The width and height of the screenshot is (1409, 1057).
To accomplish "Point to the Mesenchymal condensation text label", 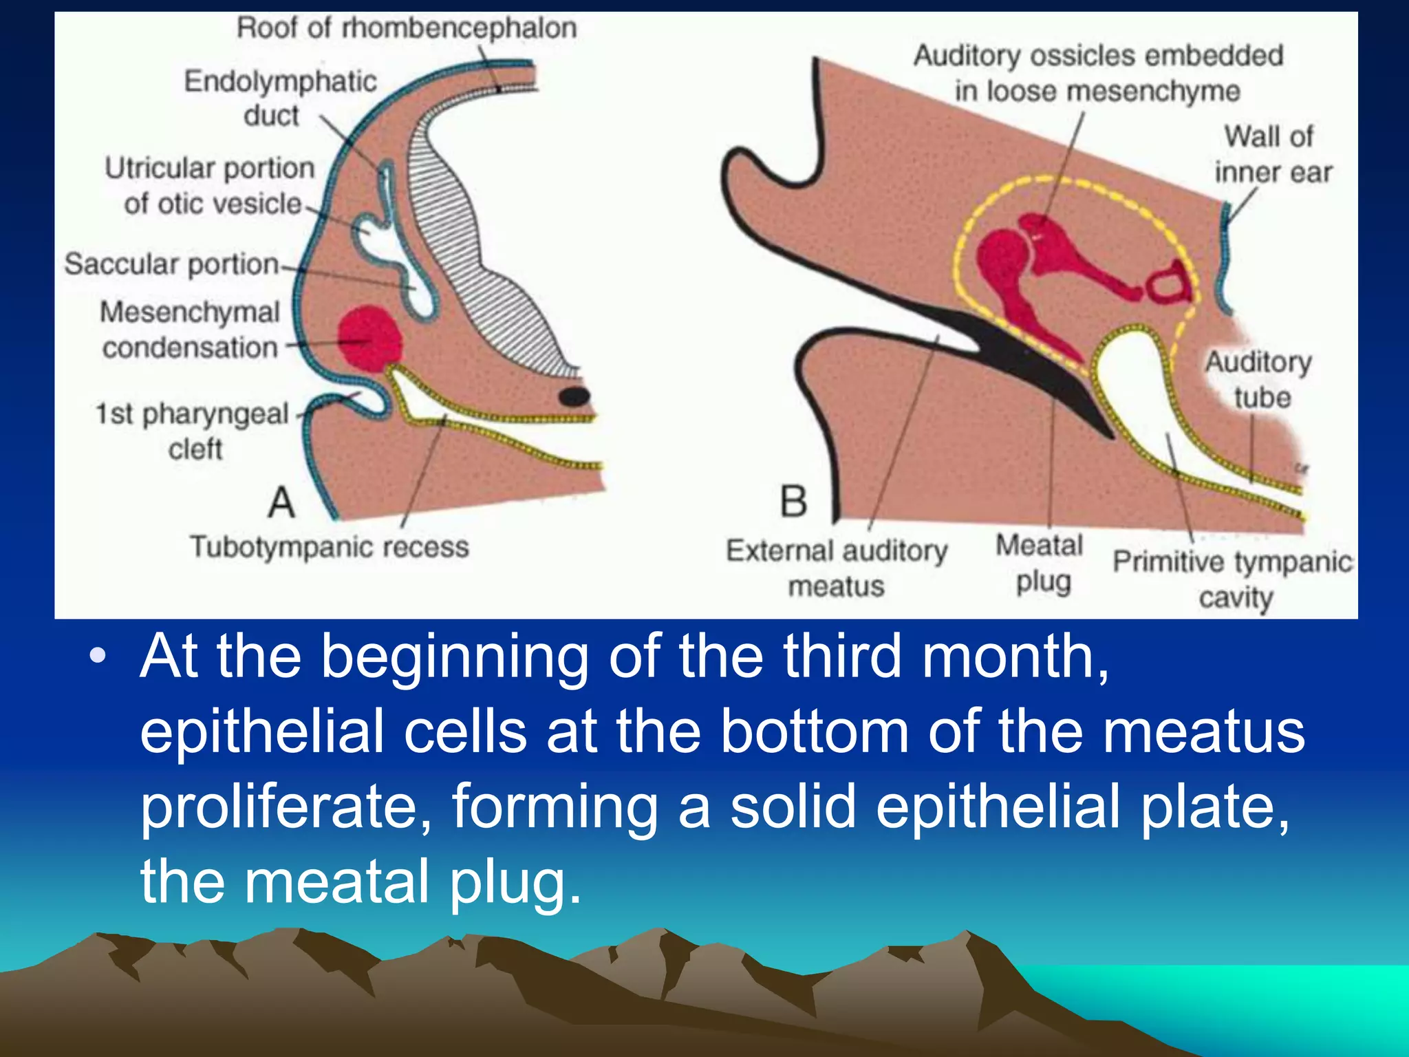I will coord(190,330).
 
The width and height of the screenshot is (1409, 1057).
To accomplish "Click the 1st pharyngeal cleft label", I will coord(193,431).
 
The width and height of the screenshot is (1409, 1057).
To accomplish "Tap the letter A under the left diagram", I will coord(281,502).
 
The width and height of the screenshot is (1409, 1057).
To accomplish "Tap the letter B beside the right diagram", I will coord(793,501).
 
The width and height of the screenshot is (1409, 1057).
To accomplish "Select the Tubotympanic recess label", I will coord(330,547).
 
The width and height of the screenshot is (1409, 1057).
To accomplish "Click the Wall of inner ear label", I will coord(1272,154).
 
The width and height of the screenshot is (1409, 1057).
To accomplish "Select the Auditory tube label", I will coord(1259,379).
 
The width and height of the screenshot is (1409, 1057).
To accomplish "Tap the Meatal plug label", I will coord(1040,564).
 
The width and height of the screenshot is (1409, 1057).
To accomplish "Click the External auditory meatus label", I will coord(837,568).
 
